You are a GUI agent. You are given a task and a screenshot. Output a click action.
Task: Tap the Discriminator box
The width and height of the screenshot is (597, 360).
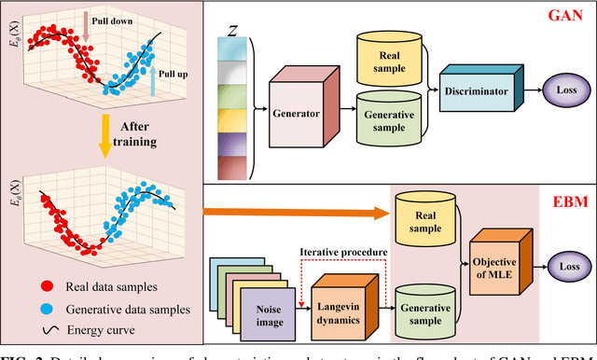(x=477, y=91)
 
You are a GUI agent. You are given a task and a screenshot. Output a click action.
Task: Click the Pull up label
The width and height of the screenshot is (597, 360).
(x=171, y=71)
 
